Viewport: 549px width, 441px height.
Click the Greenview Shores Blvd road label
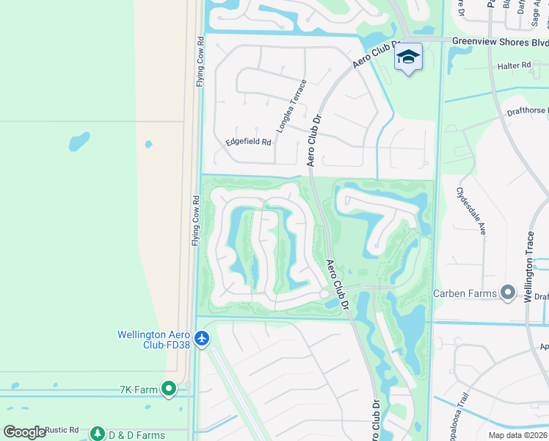click(499, 41)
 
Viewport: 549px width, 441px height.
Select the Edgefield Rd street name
click(248, 141)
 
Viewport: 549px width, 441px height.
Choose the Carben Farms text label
click(464, 293)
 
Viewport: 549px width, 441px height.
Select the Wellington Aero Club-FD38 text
click(155, 340)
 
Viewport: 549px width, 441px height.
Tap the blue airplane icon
click(203, 340)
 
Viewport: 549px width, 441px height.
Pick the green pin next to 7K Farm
click(170, 387)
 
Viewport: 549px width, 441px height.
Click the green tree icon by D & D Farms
click(98, 434)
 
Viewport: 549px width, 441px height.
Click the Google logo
click(24, 432)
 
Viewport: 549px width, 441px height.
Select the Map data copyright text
click(517, 435)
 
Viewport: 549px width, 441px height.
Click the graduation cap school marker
click(409, 58)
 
